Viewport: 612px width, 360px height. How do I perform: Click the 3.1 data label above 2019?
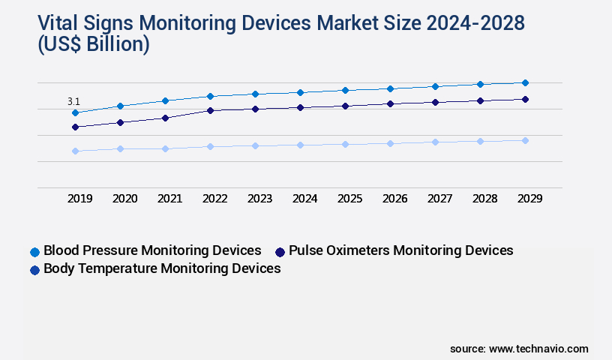click(x=73, y=101)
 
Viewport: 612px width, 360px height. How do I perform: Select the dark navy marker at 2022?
click(x=210, y=110)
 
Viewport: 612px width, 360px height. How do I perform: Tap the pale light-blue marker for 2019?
click(x=75, y=151)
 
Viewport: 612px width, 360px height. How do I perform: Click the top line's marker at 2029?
click(x=525, y=82)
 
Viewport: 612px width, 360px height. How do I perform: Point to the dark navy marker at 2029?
click(x=525, y=99)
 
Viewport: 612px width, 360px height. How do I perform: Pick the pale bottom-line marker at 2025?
click(x=345, y=144)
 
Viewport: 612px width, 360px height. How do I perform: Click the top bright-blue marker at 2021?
click(x=165, y=100)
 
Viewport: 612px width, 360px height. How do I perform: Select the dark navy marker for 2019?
click(x=75, y=127)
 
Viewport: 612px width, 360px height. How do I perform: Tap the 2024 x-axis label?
click(x=304, y=199)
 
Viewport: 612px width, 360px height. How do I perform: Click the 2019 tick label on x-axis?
click(x=79, y=199)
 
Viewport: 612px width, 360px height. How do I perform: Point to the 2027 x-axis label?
click(x=439, y=199)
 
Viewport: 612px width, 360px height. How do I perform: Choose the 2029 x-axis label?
click(x=529, y=199)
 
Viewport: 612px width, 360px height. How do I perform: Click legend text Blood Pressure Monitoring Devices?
click(x=152, y=250)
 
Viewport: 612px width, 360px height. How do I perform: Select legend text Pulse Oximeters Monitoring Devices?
click(x=400, y=250)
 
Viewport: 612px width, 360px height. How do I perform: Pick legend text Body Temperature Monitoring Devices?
click(x=162, y=268)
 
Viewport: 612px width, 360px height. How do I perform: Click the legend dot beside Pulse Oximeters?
click(x=280, y=251)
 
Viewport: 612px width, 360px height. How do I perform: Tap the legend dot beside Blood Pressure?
click(x=34, y=251)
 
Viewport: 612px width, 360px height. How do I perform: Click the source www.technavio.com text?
click(x=519, y=349)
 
